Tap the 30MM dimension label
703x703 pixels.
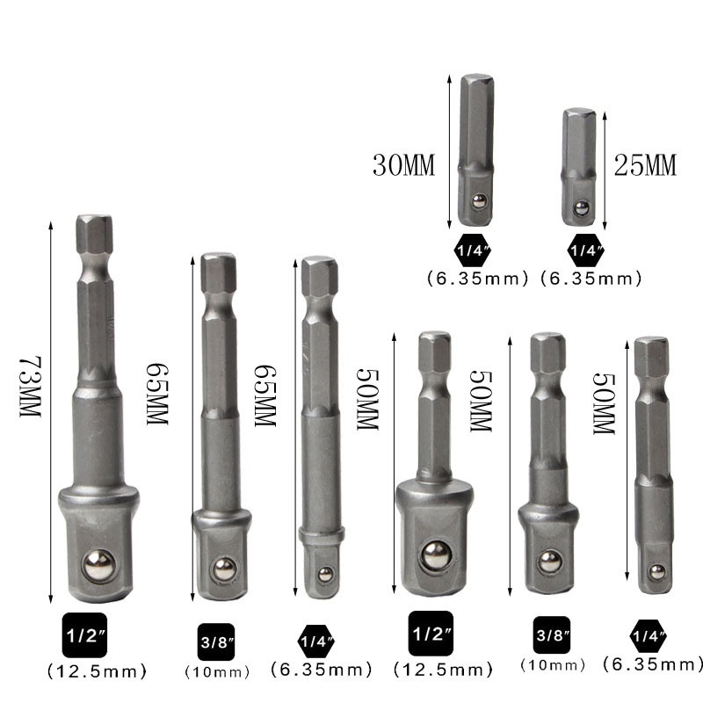point(403,164)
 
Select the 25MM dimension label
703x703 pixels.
point(645,164)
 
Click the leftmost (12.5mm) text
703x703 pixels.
point(96,672)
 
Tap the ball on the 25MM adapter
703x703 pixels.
point(581,208)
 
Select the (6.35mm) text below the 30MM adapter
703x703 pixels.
point(477,279)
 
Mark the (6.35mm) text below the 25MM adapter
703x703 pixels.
point(590,279)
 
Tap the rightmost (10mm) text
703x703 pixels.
point(554,665)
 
